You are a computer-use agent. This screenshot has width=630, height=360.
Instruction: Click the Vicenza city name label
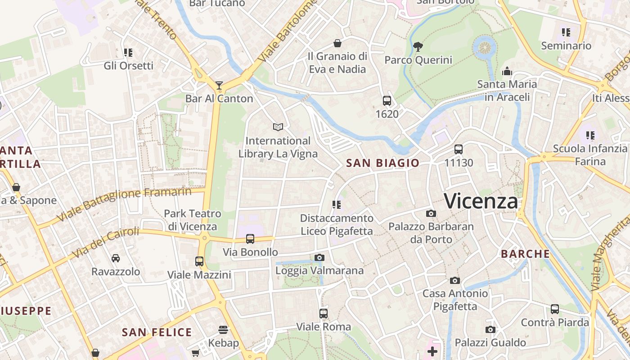(481, 201)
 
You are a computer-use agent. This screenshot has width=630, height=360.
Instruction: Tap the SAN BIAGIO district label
(382, 163)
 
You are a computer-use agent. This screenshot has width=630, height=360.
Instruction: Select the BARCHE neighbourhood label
(525, 254)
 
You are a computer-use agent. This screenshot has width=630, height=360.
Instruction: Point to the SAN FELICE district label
(157, 333)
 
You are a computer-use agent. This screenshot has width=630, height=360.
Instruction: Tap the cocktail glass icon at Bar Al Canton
(219, 85)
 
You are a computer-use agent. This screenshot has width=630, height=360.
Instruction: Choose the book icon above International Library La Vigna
(278, 127)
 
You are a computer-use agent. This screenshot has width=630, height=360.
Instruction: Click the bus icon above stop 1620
(387, 101)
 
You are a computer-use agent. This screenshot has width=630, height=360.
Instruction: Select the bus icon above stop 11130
(459, 149)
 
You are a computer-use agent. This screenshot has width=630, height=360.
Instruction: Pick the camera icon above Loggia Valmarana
(319, 257)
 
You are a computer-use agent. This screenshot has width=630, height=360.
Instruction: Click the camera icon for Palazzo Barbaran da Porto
(431, 213)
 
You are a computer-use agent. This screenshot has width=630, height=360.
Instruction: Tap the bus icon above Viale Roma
(323, 314)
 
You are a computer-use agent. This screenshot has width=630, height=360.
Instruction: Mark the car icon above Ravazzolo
(116, 258)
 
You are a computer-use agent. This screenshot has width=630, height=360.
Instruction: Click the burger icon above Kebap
(223, 330)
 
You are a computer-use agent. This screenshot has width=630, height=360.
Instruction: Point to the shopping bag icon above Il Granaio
(337, 43)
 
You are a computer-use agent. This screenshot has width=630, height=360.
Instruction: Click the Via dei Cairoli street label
(106, 243)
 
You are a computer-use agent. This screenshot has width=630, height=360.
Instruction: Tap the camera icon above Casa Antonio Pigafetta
(455, 280)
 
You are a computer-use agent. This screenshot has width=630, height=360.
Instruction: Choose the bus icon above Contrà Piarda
(555, 309)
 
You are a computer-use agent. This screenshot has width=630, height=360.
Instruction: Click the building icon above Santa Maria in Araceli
(507, 71)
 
